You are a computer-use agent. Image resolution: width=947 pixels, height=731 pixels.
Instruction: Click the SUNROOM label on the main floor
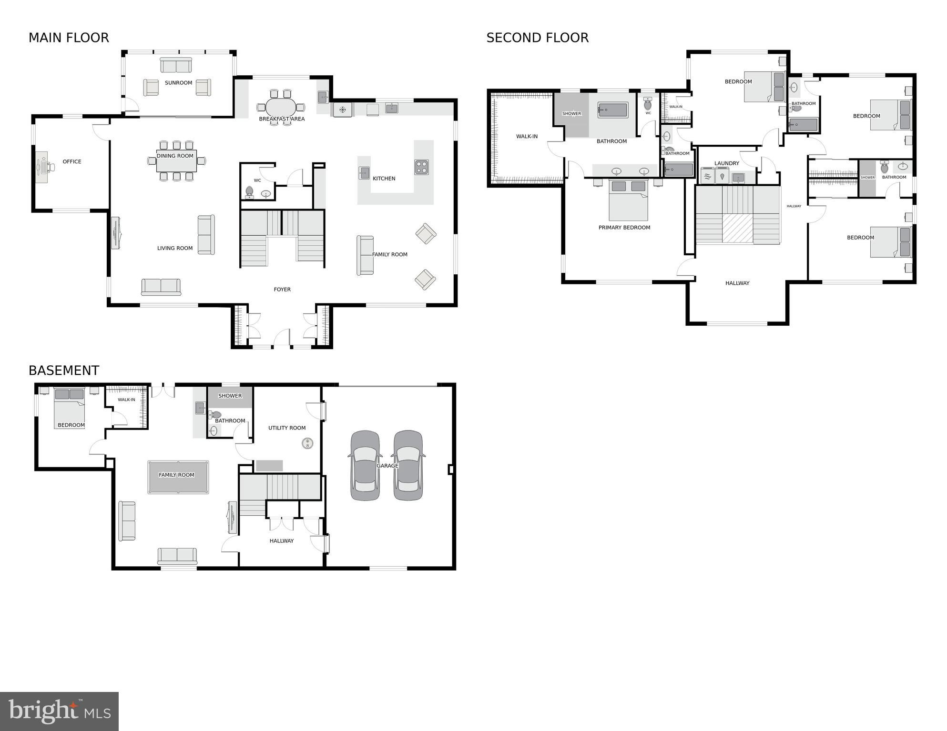(x=178, y=83)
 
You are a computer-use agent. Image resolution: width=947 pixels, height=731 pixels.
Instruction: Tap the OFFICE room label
(x=72, y=162)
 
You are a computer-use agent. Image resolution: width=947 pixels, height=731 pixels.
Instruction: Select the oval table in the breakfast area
(x=281, y=107)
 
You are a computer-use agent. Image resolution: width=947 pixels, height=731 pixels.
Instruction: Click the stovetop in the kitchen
(x=421, y=167)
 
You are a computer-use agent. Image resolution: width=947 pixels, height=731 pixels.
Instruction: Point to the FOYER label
(x=282, y=290)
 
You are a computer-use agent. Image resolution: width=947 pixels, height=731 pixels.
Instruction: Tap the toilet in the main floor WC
(x=249, y=192)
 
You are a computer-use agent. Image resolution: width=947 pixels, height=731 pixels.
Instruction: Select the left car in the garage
(x=366, y=465)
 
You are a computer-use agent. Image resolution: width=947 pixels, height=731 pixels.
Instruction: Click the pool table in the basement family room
(x=178, y=477)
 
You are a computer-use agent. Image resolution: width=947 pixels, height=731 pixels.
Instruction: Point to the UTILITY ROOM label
(x=287, y=428)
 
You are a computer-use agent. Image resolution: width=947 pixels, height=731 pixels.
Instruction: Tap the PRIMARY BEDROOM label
(x=624, y=228)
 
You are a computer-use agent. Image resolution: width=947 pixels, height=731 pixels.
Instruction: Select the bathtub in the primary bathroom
(x=613, y=110)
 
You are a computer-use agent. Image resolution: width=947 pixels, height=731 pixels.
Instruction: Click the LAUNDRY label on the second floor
(x=727, y=163)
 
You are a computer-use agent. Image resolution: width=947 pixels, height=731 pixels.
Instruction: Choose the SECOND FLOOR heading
(x=537, y=38)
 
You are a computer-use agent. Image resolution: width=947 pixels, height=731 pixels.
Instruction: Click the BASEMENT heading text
(x=64, y=371)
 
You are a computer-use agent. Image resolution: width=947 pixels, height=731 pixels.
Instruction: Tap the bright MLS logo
(x=59, y=711)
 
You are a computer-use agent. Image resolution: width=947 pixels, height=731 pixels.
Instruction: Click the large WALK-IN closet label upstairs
(x=527, y=137)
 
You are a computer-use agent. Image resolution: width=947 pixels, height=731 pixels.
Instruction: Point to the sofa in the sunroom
(x=176, y=65)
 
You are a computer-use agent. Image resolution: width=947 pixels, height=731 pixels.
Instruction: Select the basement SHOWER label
(x=230, y=396)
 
